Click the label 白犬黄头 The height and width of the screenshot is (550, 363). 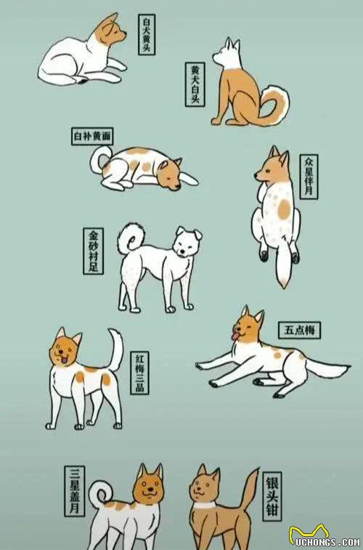pos(147,34)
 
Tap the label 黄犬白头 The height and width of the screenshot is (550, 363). pos(195,84)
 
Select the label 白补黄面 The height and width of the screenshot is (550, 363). pos(92,136)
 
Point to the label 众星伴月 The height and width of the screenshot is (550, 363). pos(309,177)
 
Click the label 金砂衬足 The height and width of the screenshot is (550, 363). pos(93,251)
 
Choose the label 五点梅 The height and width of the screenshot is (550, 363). pos(299,330)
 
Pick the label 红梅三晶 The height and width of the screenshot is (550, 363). pos(139,373)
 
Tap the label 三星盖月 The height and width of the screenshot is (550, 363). pos(74,491)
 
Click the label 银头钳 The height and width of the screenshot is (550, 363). pos(272,496)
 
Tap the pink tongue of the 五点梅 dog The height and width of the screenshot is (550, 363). pos(234,336)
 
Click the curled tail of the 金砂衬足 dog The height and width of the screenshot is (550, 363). pos(131,238)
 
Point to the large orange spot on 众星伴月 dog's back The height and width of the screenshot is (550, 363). pos(284,209)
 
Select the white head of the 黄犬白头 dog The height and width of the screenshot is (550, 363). pos(228,54)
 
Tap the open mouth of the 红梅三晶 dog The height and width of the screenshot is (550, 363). pos(65,360)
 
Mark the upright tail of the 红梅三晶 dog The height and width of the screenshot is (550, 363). pos(115,349)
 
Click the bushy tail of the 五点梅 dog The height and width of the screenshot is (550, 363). pos(327,369)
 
